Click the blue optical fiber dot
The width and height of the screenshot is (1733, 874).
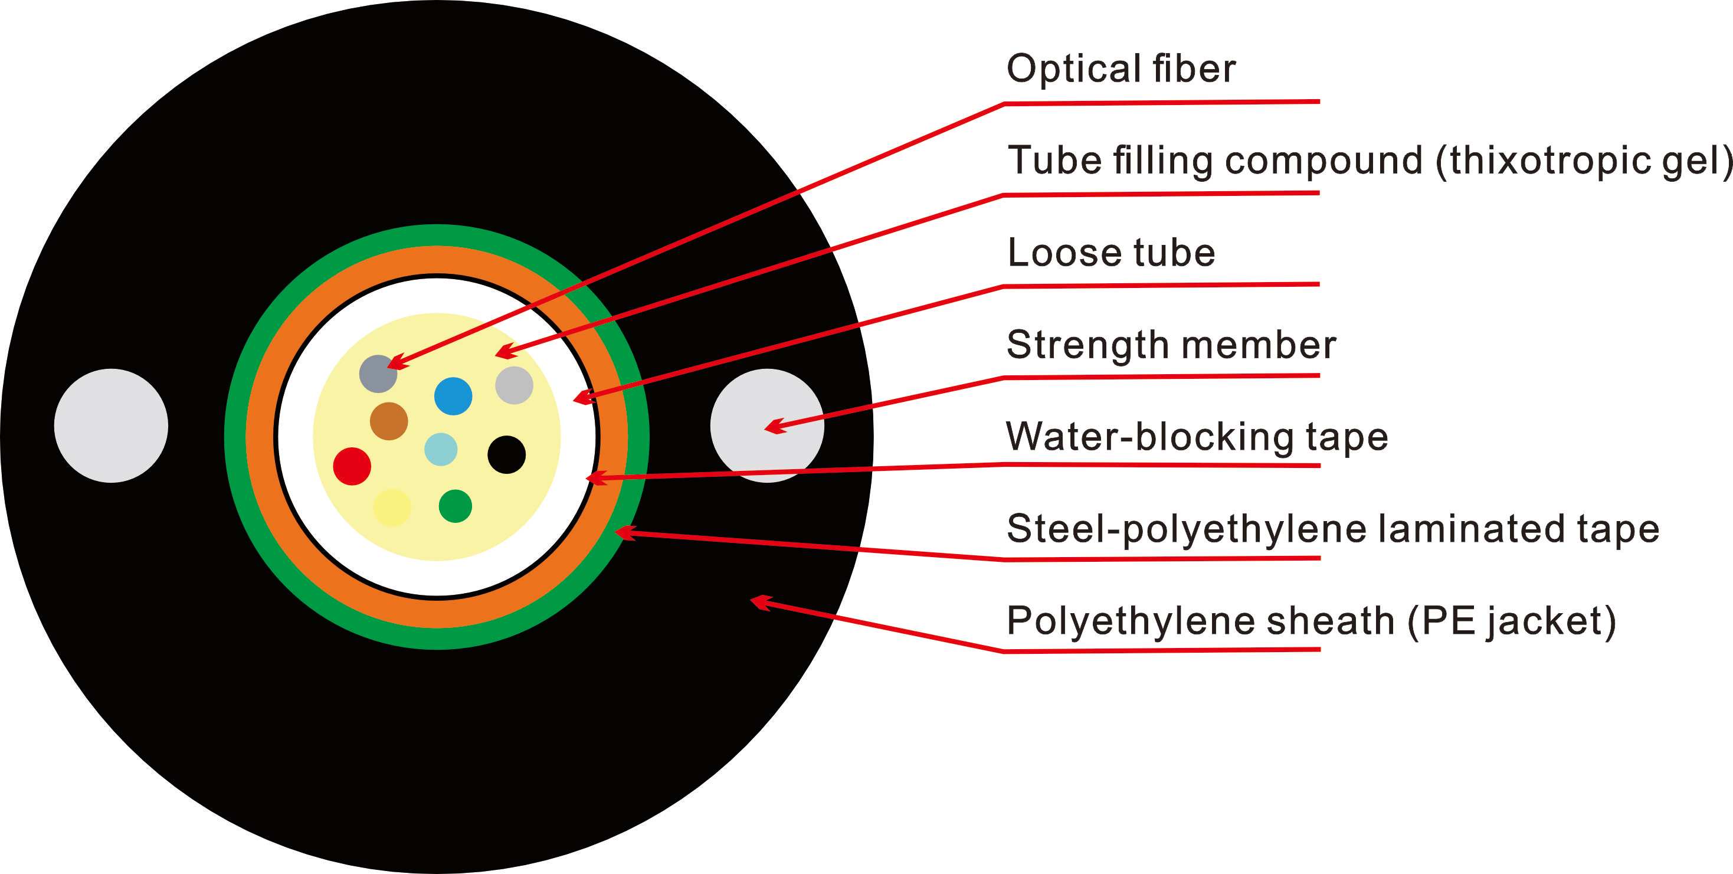453,395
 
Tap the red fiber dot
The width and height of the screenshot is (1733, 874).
352,466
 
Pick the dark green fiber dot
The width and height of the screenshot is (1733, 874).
455,506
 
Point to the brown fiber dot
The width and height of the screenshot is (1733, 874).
389,421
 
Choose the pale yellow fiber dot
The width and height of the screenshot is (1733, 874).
392,507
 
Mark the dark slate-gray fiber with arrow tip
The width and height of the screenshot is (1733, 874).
378,374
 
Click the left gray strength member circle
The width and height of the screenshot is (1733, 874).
111,425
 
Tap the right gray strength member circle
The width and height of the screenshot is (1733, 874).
767,425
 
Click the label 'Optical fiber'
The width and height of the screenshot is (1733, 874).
1121,68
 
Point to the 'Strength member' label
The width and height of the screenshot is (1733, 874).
1171,345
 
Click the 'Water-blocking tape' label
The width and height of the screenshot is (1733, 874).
1197,437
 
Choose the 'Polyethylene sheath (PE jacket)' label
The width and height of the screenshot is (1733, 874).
1311,621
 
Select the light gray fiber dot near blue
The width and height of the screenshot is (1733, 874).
514,385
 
